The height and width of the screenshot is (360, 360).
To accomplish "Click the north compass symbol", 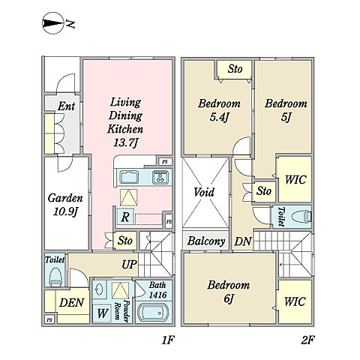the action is [x=52, y=23].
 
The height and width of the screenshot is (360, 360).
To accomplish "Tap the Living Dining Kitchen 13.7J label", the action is [x=125, y=122].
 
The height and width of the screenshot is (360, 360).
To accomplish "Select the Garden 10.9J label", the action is [x=65, y=205].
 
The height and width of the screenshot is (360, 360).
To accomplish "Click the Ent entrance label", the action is [x=66, y=106].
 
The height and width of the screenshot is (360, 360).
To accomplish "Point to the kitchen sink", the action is [x=129, y=177].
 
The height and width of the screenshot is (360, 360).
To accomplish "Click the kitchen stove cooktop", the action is [x=160, y=176].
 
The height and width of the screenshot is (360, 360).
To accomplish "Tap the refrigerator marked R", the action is [x=125, y=217].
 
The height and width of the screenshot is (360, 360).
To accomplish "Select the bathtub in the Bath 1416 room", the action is [x=152, y=313].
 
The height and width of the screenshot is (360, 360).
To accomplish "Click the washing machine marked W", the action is [x=102, y=313].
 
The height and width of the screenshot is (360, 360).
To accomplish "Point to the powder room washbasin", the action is [x=99, y=289].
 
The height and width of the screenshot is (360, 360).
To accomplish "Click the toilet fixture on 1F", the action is [x=55, y=276].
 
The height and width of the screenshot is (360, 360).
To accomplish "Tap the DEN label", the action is [x=71, y=303].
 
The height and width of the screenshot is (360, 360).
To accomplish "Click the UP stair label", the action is [x=129, y=265].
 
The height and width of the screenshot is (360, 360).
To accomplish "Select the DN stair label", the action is [x=242, y=241].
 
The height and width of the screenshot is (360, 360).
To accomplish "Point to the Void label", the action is [x=204, y=192].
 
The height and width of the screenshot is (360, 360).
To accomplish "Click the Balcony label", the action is [x=206, y=241].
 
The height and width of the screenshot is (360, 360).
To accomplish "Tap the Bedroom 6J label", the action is [x=229, y=292].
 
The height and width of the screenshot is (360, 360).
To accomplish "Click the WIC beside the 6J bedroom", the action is [x=295, y=301].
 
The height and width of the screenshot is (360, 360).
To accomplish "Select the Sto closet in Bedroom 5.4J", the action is [x=235, y=69].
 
